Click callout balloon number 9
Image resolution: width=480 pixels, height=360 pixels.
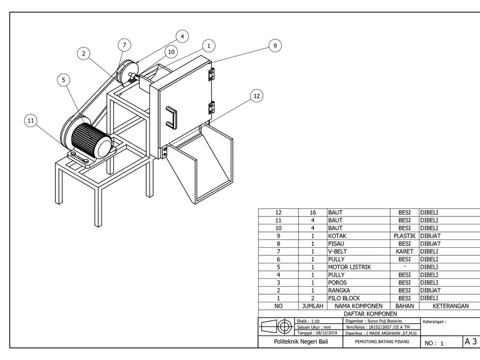tap(275, 46)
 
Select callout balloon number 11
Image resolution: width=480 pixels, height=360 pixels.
tap(31, 122)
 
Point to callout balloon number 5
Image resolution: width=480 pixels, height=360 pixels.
tap(62, 80)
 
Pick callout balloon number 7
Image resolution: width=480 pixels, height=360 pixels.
tap(124, 45)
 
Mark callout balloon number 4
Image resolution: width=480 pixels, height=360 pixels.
tap(182, 36)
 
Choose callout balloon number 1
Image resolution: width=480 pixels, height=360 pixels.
tap(208, 46)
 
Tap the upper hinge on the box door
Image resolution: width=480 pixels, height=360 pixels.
tap(211, 74)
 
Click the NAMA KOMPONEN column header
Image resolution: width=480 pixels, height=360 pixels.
tap(358, 305)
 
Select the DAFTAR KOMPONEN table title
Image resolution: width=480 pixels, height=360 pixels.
tap(367, 313)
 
